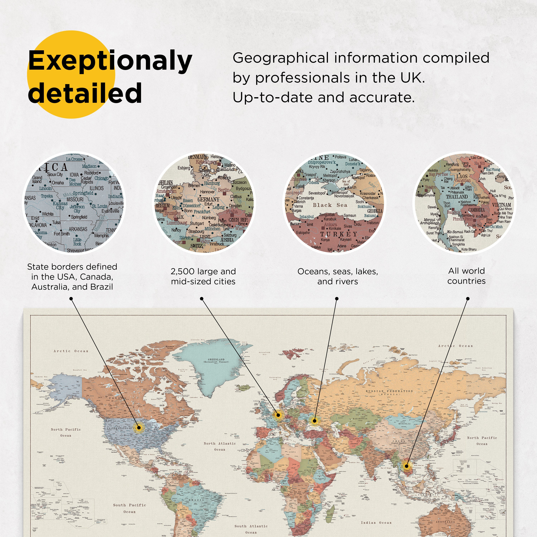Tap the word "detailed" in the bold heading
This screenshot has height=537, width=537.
[85, 93]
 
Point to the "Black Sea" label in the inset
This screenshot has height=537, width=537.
[330, 205]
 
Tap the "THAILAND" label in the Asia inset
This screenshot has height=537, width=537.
[457, 197]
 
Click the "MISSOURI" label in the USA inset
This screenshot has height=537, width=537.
[75, 199]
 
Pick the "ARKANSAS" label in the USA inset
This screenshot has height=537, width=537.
[78, 229]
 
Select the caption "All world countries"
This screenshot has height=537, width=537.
[466, 276]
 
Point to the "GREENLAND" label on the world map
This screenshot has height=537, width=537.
[216, 359]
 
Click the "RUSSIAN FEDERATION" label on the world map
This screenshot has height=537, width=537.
[389, 391]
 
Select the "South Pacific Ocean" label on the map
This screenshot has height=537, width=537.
[130, 508]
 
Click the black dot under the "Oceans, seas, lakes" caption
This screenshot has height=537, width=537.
[337, 299]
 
